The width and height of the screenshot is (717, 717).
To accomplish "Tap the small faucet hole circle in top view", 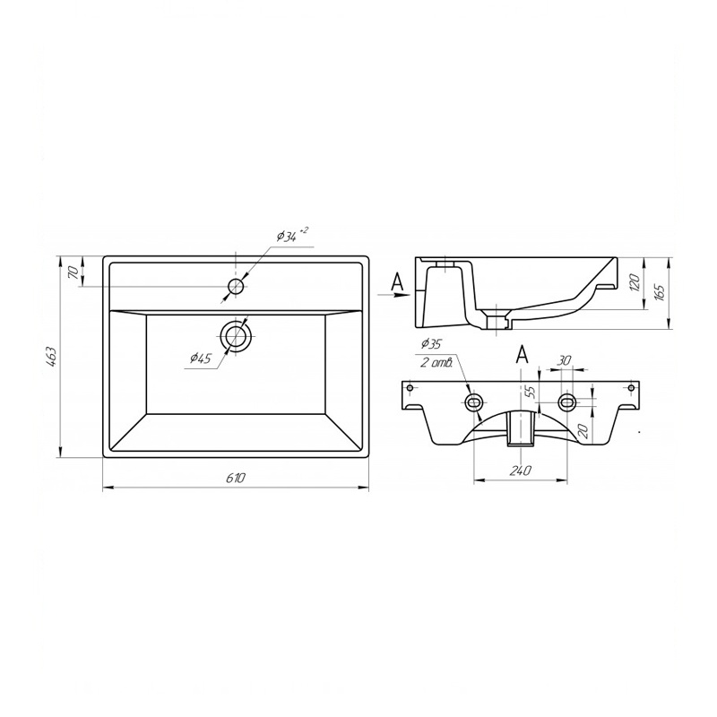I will (236, 287).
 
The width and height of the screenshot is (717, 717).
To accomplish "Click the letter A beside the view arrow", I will (399, 283).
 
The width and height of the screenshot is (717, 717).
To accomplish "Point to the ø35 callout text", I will (431, 343).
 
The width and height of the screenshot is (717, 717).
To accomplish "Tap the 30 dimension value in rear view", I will (564, 359).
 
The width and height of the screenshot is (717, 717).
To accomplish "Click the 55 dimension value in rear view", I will (529, 392).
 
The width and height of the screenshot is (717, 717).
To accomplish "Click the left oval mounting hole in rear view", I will (472, 401).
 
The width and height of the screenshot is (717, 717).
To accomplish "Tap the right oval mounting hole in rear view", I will (566, 401).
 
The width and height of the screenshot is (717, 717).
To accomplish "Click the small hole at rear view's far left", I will (410, 388).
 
